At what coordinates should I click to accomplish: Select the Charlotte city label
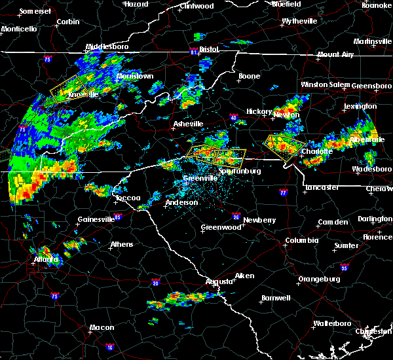317,151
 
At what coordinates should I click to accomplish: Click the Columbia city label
301,241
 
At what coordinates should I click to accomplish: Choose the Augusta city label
219,281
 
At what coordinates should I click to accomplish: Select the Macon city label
102,327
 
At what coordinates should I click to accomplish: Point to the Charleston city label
374,331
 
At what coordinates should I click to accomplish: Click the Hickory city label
259,111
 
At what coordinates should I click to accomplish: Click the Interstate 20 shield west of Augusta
156,282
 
